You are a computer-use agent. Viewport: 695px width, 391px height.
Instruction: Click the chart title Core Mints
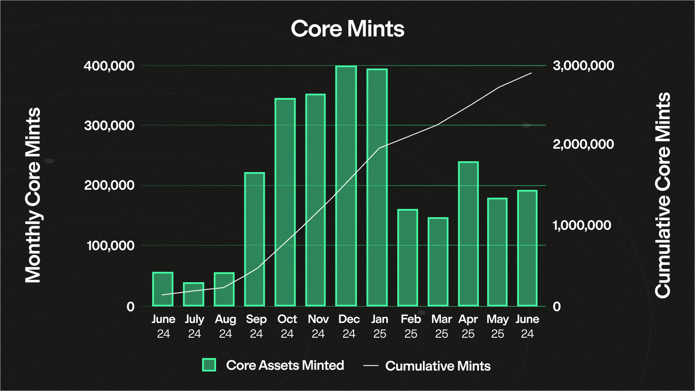click(x=347, y=29)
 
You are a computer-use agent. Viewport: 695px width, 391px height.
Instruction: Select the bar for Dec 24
click(x=346, y=186)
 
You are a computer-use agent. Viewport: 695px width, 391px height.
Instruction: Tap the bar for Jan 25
click(x=377, y=188)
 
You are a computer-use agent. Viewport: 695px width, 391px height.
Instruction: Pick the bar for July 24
click(x=193, y=295)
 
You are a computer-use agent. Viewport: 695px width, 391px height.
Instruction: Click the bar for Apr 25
click(x=469, y=234)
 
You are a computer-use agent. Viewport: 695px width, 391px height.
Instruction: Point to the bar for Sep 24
click(x=255, y=239)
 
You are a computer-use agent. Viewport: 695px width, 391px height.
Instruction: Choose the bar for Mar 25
click(x=438, y=262)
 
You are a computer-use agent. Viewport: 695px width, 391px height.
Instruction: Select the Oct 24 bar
click(x=285, y=202)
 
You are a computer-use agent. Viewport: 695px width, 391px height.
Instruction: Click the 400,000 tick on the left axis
click(x=109, y=66)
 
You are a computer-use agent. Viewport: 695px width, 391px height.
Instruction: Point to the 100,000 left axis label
click(x=111, y=246)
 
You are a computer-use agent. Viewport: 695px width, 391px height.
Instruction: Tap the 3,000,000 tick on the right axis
click(x=583, y=65)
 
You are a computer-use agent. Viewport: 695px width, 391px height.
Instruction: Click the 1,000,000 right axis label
click(x=582, y=225)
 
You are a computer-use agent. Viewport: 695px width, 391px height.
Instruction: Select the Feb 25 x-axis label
click(x=410, y=326)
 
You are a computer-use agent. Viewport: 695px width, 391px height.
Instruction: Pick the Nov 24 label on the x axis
click(x=318, y=326)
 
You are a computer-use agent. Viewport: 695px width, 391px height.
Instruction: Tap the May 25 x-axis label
click(x=497, y=326)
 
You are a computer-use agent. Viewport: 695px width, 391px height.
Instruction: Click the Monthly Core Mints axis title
click(x=33, y=195)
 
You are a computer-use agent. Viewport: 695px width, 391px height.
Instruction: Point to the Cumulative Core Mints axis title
click(x=662, y=195)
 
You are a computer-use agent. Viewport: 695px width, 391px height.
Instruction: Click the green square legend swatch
click(x=209, y=365)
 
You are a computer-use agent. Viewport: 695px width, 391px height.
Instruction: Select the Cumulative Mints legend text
click(x=438, y=366)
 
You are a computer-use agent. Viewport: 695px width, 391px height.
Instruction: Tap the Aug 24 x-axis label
click(x=225, y=326)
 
